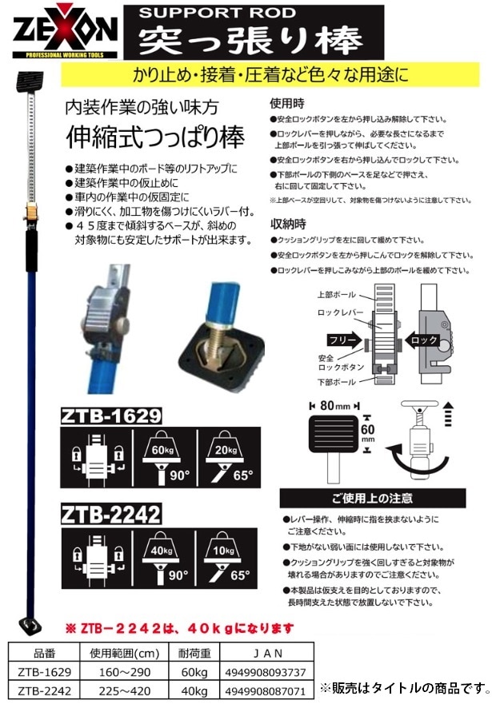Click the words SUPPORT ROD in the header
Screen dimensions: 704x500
click(x=198, y=13)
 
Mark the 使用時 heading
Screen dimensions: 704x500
click(x=286, y=104)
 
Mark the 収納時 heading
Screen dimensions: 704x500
click(x=286, y=224)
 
